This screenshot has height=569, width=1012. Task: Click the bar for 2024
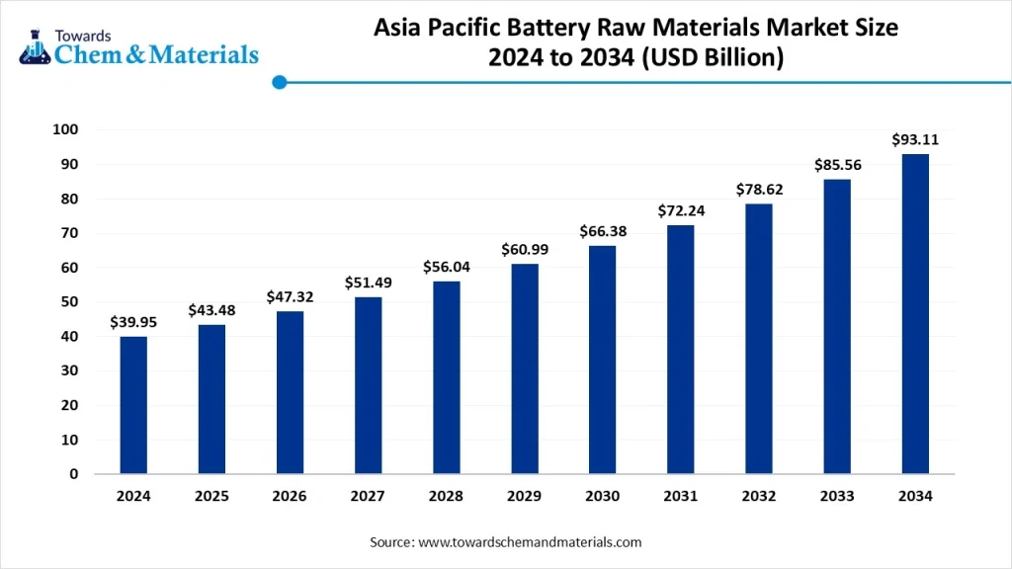click(133, 405)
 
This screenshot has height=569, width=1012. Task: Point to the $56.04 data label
click(447, 266)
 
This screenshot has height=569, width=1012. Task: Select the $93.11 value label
click(915, 139)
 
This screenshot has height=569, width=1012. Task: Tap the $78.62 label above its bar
click(759, 189)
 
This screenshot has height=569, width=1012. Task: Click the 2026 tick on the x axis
click(290, 497)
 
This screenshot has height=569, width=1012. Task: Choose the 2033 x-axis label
click(837, 497)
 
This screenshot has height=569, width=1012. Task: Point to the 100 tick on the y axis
click(66, 129)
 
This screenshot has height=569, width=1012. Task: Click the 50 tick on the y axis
click(70, 302)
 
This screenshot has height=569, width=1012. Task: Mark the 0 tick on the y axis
click(74, 474)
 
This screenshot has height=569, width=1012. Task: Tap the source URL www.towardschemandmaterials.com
click(530, 542)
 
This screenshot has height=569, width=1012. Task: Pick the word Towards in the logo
click(85, 34)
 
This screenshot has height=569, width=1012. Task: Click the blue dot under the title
click(279, 83)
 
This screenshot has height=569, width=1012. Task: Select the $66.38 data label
click(603, 231)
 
